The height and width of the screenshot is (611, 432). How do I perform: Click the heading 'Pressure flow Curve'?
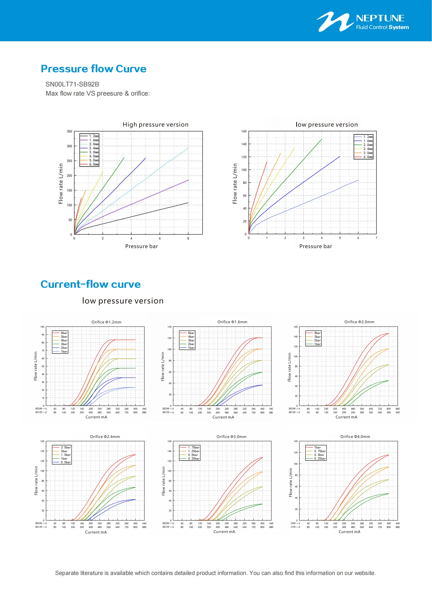pos(93,69)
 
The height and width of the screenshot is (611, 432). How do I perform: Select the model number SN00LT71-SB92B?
pos(72,84)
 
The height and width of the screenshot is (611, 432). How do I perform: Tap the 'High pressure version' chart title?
pos(155,125)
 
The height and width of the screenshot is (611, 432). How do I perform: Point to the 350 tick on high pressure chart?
pos(69,131)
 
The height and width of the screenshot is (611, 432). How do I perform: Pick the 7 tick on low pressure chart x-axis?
pos(376,238)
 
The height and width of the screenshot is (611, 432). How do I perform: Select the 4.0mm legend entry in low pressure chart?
pos(368,157)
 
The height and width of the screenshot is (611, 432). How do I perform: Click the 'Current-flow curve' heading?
pos(90,284)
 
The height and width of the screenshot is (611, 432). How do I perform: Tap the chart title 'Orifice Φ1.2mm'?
pos(106,322)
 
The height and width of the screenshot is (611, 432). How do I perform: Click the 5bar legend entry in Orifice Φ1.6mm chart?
pos(191,333)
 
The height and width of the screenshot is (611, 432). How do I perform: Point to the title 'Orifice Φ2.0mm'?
pos(359,322)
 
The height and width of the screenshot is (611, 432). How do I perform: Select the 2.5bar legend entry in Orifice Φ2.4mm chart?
pos(66,447)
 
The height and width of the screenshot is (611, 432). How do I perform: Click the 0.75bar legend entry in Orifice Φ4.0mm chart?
pos(319,451)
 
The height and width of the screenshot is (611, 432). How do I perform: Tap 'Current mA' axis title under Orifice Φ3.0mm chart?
pos(224,532)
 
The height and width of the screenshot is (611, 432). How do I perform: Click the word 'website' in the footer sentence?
pos(364,573)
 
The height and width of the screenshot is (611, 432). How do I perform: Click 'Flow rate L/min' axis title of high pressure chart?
pos(61,184)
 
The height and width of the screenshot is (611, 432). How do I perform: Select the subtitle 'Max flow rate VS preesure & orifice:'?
pos(98,94)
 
